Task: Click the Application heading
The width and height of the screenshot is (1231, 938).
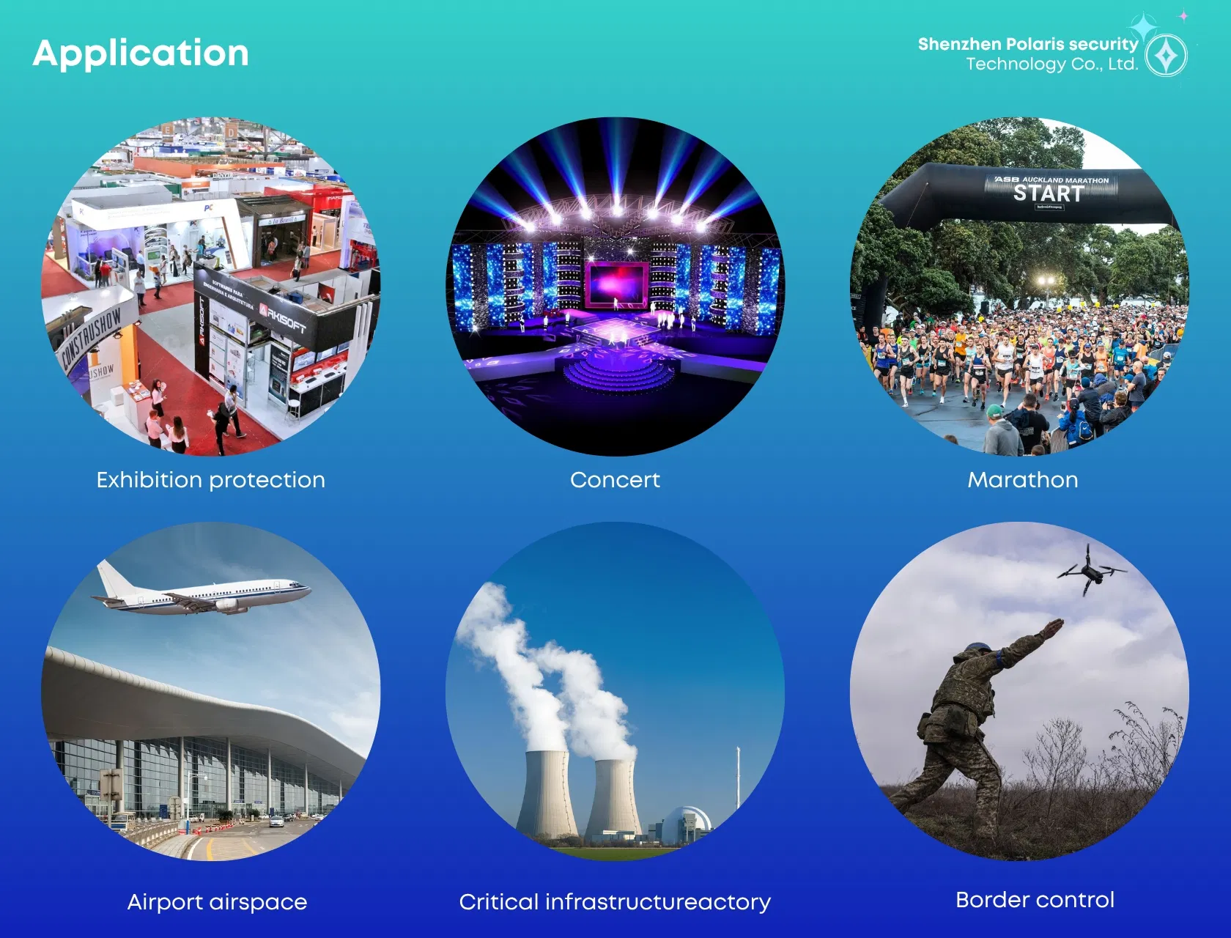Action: click(141, 53)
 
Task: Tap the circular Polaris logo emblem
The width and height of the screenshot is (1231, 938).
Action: click(1166, 56)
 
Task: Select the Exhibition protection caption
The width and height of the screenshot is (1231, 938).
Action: click(211, 480)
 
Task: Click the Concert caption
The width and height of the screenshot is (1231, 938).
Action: click(615, 480)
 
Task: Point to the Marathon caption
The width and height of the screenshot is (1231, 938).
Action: click(1022, 480)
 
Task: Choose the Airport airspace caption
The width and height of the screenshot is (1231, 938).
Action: click(217, 902)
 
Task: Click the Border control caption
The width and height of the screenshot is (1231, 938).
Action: click(1035, 900)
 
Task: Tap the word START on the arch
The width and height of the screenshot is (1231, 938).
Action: click(1049, 193)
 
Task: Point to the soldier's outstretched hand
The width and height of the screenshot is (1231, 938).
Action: click(1052, 628)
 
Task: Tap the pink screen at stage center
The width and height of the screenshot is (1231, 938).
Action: click(616, 284)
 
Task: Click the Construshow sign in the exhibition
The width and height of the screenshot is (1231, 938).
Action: click(92, 338)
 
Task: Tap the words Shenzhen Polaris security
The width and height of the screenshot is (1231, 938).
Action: click(1027, 45)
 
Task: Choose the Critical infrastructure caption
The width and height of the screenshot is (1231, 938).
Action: click(615, 902)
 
